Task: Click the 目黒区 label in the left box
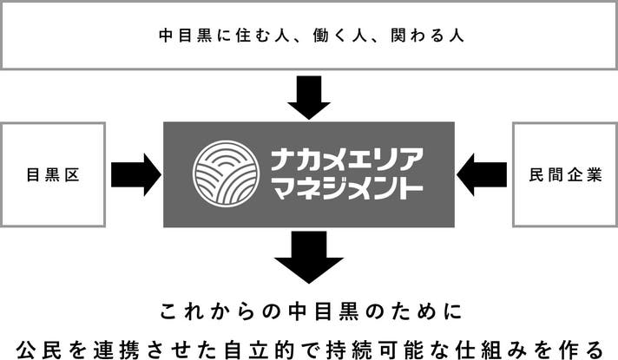[53, 175]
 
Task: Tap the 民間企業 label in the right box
[564, 175]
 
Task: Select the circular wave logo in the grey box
[226, 173]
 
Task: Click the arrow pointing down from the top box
[309, 97]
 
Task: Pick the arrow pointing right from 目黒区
[135, 174]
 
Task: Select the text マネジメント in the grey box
[347, 189]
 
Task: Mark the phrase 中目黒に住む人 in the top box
[217, 36]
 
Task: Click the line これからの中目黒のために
[309, 310]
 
